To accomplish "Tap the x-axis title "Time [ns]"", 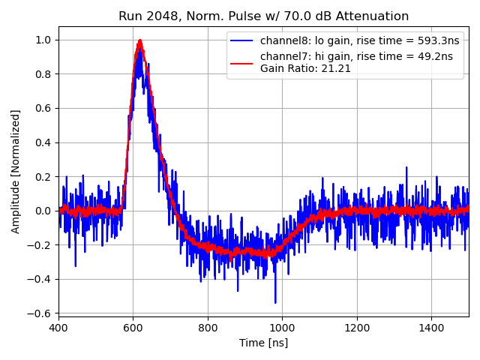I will tap(263, 343).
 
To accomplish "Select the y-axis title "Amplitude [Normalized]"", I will tap(16, 171).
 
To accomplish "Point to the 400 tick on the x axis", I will tap(58, 328).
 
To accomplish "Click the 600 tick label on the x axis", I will tap(133, 328).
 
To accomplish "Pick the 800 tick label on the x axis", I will tap(208, 328).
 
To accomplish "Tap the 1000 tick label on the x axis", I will tap(282, 328).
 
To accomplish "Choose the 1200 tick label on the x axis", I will tap(356, 328).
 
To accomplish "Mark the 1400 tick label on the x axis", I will tap(431, 328).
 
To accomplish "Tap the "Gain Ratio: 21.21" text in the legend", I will tap(305, 68).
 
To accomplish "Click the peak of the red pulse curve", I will tap(139, 40).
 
